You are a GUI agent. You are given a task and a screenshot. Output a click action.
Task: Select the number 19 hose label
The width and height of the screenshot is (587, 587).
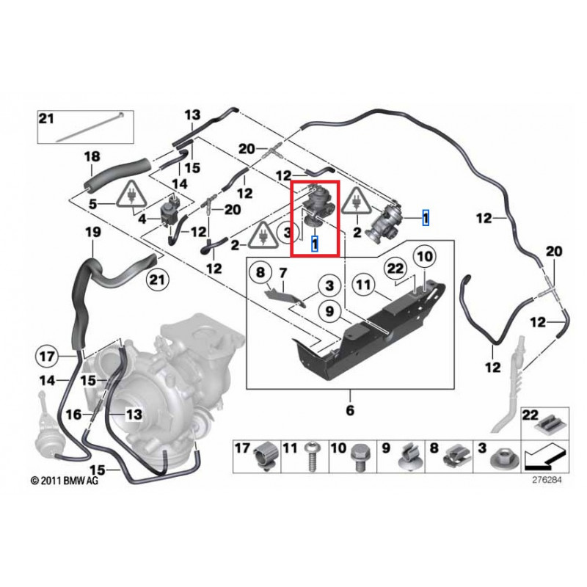point(91,233)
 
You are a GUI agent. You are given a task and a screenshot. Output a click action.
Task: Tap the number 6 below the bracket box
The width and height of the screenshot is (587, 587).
point(350,409)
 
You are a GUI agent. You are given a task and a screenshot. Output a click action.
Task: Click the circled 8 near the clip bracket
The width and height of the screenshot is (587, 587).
point(260,274)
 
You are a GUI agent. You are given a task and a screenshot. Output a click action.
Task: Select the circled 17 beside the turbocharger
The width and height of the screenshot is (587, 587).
point(47,357)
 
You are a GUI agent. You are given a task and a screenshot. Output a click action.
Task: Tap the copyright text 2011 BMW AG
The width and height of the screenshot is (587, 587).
point(64,481)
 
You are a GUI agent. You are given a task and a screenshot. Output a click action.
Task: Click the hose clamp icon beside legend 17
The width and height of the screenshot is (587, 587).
point(266,458)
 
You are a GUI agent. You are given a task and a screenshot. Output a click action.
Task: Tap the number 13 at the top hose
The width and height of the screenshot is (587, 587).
point(192,114)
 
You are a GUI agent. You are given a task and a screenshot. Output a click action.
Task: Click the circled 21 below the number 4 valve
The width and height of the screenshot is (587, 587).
point(156,279)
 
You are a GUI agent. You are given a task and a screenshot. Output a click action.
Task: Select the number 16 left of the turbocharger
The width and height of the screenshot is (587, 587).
point(73,415)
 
